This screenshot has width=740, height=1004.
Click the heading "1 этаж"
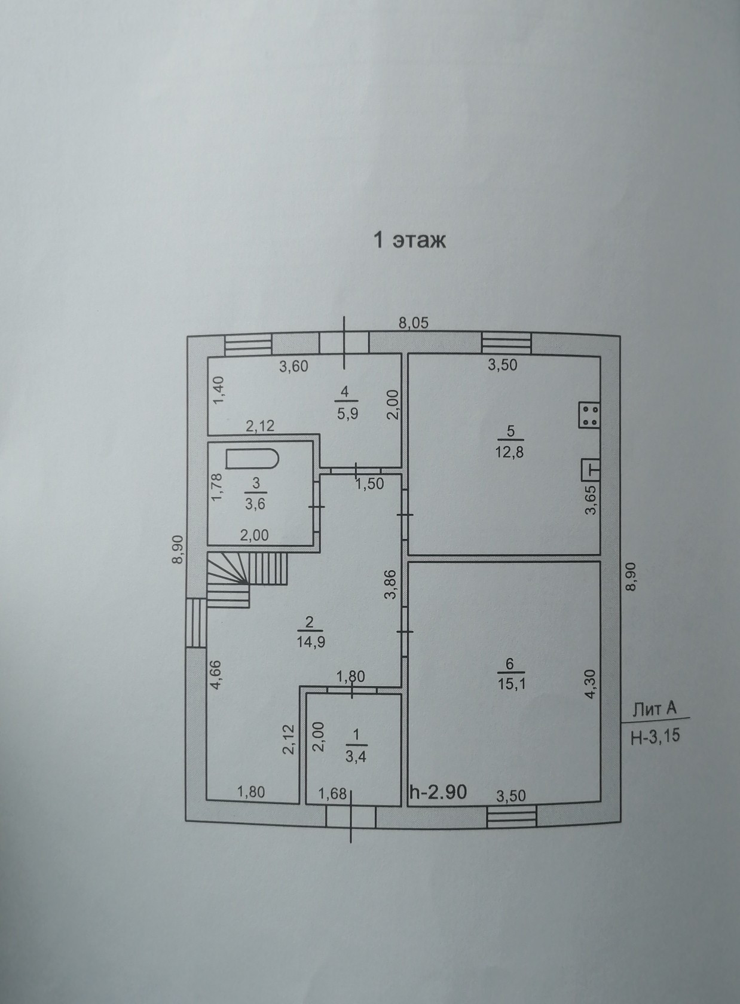click(409, 240)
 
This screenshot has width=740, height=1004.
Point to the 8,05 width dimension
click(414, 323)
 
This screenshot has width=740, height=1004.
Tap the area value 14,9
click(309, 642)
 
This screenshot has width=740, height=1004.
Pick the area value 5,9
click(345, 414)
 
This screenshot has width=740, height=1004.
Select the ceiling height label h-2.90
click(438, 792)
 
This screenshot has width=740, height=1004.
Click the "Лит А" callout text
click(655, 709)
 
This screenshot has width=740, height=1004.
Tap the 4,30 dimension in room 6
click(591, 684)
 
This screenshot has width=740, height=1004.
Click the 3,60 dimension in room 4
click(293, 366)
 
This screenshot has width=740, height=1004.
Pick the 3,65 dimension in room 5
click(591, 500)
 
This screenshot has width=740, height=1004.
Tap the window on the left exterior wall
click(195, 623)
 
